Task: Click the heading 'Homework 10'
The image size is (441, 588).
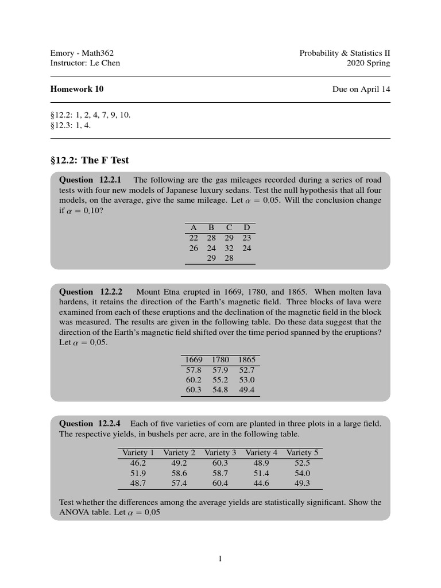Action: (x=77, y=89)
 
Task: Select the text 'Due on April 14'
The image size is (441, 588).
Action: (x=361, y=89)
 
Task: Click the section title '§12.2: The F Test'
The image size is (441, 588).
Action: (x=90, y=160)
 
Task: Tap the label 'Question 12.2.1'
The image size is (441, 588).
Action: (x=94, y=180)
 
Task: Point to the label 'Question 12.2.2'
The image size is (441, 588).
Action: (x=94, y=292)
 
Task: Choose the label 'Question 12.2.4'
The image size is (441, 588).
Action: (x=94, y=424)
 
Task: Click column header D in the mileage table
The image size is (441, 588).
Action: (x=247, y=227)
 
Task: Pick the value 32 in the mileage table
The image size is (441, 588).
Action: (x=229, y=248)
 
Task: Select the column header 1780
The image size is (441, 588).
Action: (x=220, y=359)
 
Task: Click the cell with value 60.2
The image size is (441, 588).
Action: (x=194, y=380)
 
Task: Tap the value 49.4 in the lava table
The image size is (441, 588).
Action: (x=246, y=390)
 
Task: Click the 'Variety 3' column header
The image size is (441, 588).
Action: (x=220, y=452)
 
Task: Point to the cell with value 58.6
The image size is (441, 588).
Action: (x=179, y=473)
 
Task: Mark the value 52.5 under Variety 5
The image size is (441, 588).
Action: (x=302, y=463)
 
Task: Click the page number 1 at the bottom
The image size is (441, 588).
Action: (x=220, y=559)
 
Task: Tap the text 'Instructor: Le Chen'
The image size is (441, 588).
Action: (x=86, y=63)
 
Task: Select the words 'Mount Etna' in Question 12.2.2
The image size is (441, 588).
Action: (x=157, y=292)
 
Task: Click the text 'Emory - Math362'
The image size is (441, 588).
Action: (x=78, y=53)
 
